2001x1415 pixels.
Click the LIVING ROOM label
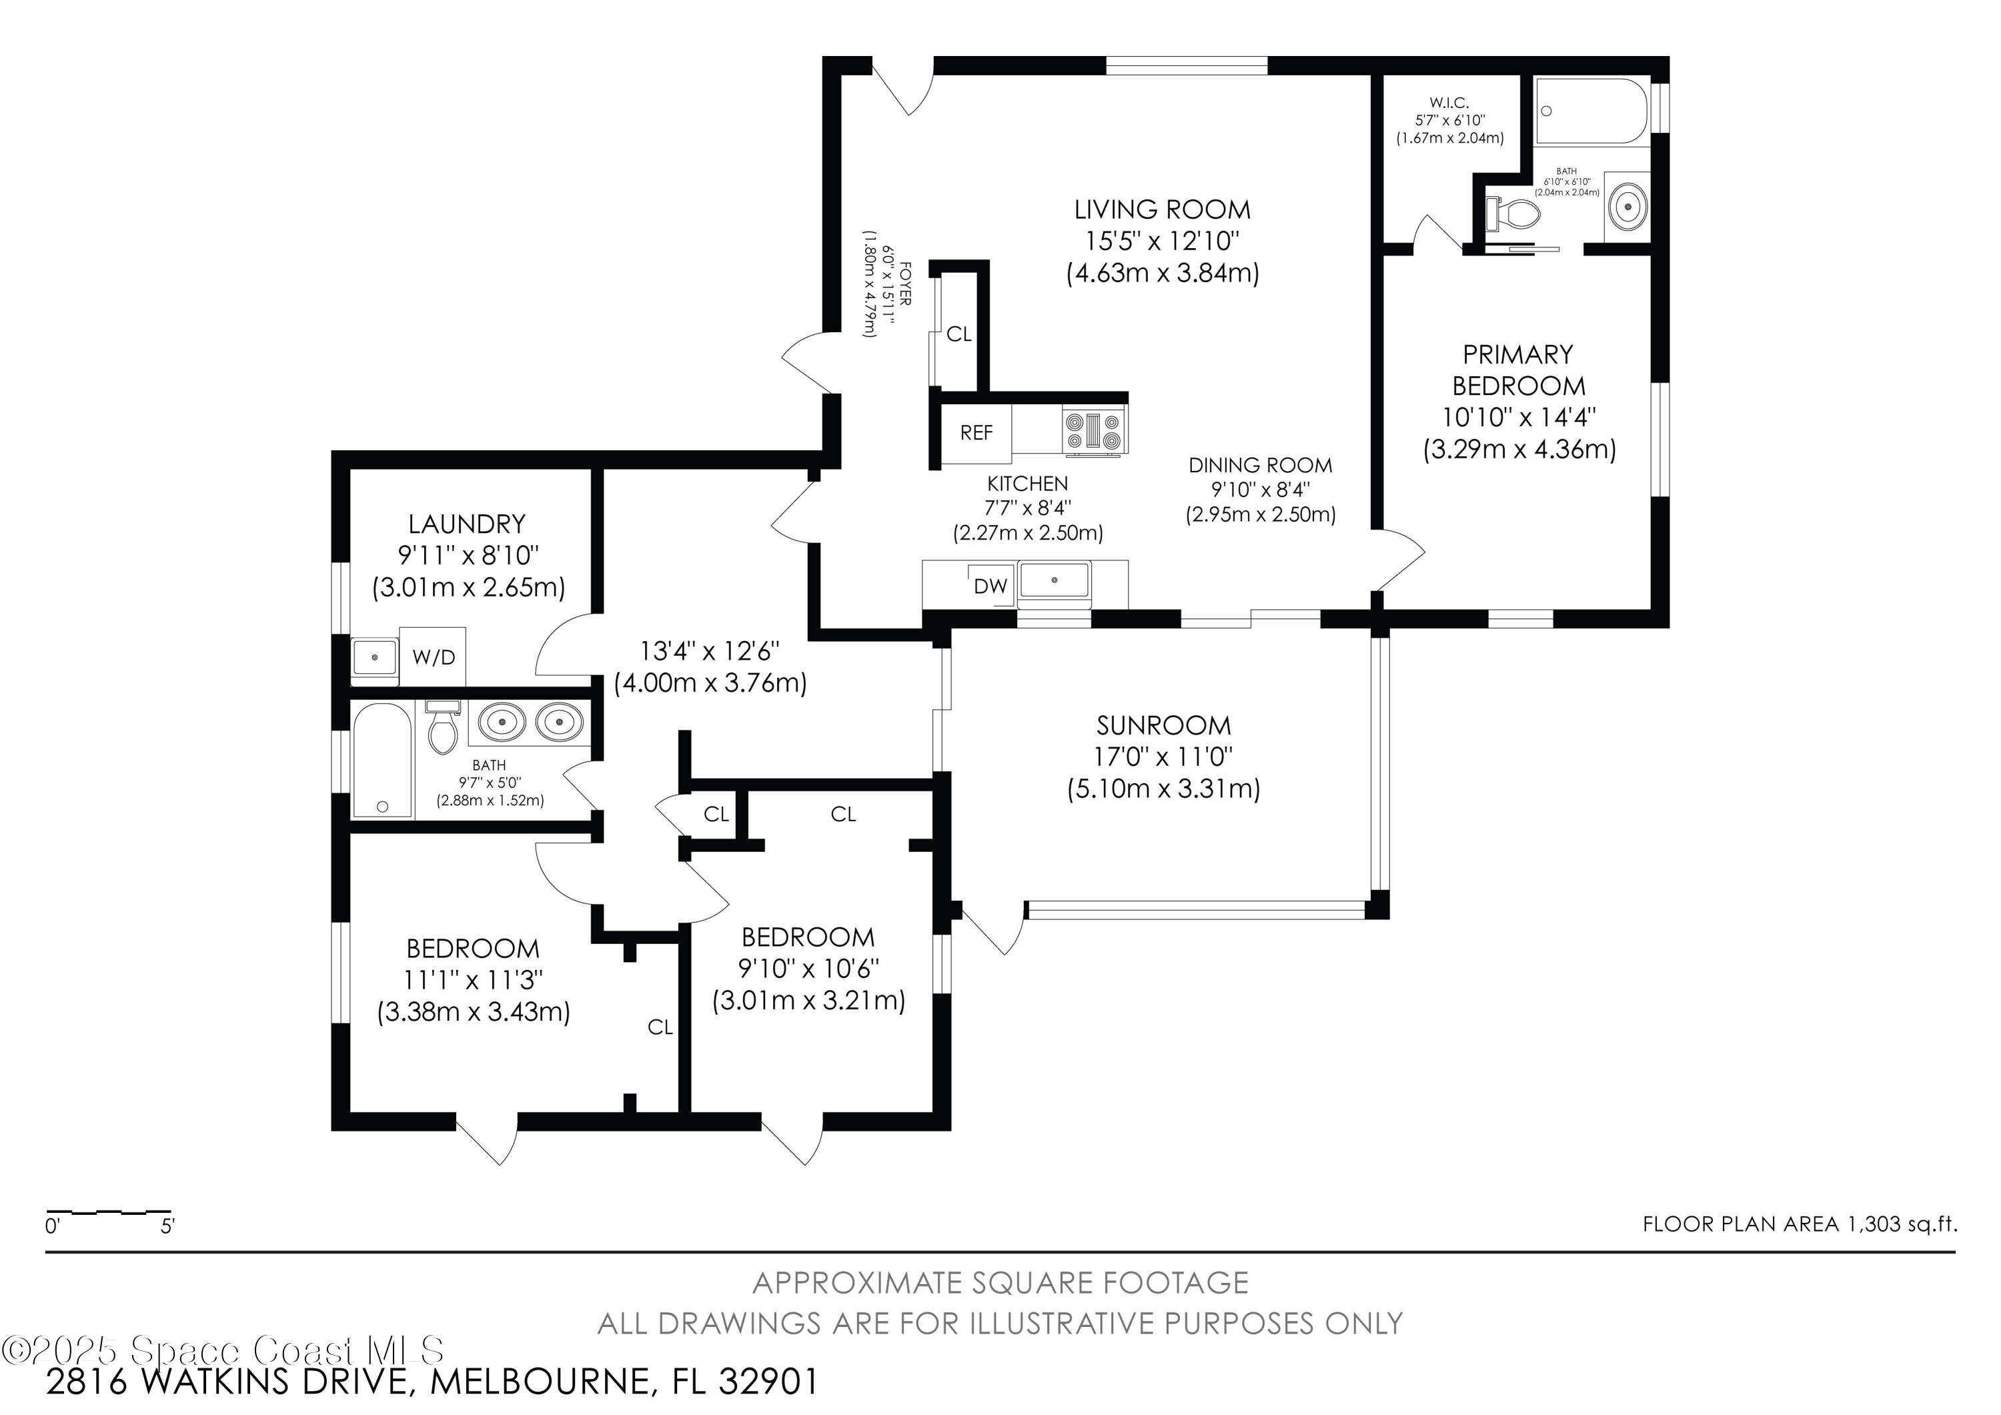tap(1162, 210)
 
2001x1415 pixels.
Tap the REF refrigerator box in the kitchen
tap(976, 433)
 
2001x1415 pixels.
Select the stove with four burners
tap(1095, 432)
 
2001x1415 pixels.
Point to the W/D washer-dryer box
tap(433, 656)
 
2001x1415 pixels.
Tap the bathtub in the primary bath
tap(1591, 111)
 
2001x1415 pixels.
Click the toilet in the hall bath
tap(444, 729)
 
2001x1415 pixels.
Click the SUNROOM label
tap(1163, 725)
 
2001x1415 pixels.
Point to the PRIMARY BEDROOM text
tap(1518, 370)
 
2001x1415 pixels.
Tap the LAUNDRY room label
tap(467, 524)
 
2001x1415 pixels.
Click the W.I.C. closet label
tap(1449, 103)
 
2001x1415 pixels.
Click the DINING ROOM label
tap(1260, 466)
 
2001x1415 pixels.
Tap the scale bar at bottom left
tap(109, 1213)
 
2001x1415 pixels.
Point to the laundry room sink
tap(375, 657)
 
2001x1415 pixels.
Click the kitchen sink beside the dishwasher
tap(1055, 580)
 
